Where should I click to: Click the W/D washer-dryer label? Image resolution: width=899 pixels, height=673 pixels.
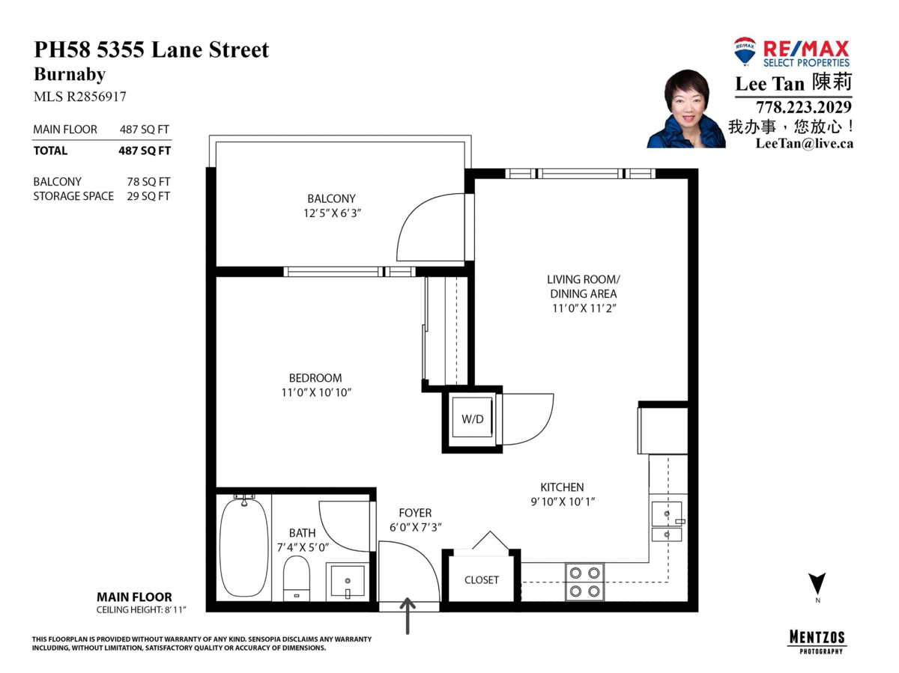coord(472,419)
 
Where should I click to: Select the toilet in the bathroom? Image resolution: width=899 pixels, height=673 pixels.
coord(297,578)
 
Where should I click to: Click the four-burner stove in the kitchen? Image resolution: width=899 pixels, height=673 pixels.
coord(584,582)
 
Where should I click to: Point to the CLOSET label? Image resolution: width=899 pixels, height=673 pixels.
coord(481,579)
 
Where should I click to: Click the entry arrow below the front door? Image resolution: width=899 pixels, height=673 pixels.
coord(408,616)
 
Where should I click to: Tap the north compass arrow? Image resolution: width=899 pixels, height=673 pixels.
coord(817,583)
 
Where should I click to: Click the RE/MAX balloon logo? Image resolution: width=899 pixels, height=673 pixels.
coord(745,51)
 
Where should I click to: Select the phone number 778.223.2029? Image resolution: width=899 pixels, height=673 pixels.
coord(804,107)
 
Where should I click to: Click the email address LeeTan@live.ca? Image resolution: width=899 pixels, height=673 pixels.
coord(805,143)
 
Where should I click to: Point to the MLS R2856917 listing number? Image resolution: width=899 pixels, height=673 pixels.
coord(80,97)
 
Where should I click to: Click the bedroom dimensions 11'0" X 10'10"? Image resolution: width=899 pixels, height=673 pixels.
coord(316,392)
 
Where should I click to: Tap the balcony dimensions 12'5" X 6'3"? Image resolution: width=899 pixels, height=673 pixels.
coord(332,213)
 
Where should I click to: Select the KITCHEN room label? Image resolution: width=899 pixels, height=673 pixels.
coord(562,487)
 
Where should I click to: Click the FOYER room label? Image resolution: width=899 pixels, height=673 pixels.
coord(415,513)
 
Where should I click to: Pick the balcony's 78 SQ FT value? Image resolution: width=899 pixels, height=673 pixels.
coord(148,182)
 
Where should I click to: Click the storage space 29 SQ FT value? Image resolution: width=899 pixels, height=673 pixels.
coord(148,196)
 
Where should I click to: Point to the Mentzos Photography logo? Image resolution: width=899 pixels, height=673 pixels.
coord(817,642)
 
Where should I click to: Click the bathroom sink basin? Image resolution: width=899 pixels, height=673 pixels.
coord(348,581)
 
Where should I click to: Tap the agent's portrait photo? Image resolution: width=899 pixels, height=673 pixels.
coord(686,109)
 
